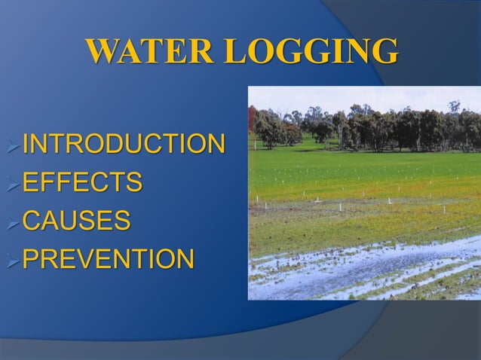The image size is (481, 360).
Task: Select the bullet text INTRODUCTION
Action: pos(124,142)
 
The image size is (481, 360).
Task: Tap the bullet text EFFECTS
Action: pos(82,182)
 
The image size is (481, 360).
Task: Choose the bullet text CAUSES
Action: pos(76,221)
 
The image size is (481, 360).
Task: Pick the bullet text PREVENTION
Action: pos(109,259)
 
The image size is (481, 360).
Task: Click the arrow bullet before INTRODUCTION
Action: pos(14,143)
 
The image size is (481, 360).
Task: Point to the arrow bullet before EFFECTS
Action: pos(14,182)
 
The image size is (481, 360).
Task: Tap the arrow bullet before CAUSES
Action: pos(14,221)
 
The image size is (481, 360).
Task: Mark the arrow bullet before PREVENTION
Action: pos(14,260)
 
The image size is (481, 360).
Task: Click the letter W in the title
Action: pos(103,52)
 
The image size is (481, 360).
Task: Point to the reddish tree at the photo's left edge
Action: pos(252,121)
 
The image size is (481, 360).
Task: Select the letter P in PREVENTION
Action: pos(32,259)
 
